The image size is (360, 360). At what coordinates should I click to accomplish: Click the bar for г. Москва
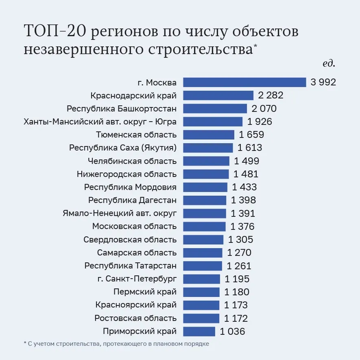click(x=244, y=82)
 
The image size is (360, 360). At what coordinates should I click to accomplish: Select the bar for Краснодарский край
click(x=218, y=96)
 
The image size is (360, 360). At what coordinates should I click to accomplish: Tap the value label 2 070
click(x=264, y=109)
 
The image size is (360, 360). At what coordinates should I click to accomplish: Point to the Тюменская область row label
click(x=136, y=135)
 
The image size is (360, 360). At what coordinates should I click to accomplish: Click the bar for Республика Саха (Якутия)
click(x=208, y=148)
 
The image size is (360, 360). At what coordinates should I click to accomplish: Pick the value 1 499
click(x=247, y=161)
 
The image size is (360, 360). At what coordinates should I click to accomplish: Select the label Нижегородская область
click(x=127, y=174)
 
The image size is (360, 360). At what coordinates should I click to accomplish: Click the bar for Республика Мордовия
click(x=205, y=187)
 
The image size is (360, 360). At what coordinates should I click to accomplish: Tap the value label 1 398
click(x=243, y=200)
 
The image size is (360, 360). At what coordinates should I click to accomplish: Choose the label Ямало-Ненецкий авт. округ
click(x=120, y=213)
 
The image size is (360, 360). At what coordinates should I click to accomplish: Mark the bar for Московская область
click(x=204, y=226)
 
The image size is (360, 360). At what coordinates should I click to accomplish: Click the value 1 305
click(x=241, y=240)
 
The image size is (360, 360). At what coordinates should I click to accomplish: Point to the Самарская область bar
click(x=203, y=253)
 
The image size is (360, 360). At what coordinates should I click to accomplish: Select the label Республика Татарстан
click(x=131, y=266)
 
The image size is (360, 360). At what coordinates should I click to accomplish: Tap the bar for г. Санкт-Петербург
click(x=201, y=279)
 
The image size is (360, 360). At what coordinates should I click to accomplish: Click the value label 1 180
click(x=237, y=292)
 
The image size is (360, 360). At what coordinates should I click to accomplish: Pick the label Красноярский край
click(x=136, y=305)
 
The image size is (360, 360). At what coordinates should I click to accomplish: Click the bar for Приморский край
click(x=199, y=331)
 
